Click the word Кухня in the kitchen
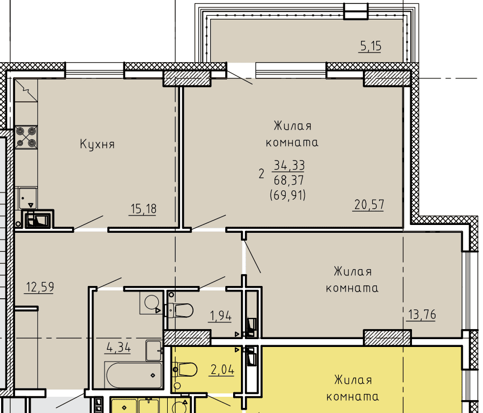click(x=97, y=144)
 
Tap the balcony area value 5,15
click(x=371, y=46)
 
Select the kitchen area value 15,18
click(x=143, y=209)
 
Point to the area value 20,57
click(x=369, y=204)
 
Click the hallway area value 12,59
click(x=40, y=287)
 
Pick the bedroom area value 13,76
click(x=422, y=315)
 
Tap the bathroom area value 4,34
click(x=119, y=348)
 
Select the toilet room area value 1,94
click(x=221, y=316)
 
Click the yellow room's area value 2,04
click(x=222, y=369)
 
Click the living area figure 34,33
click(x=289, y=165)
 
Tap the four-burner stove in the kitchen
click(x=26, y=137)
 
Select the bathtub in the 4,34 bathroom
click(x=134, y=375)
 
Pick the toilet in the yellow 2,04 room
click(x=185, y=369)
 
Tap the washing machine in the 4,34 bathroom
click(x=151, y=303)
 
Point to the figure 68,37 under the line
click(x=288, y=180)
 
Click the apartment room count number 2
click(x=262, y=174)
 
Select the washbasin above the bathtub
click(x=154, y=351)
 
